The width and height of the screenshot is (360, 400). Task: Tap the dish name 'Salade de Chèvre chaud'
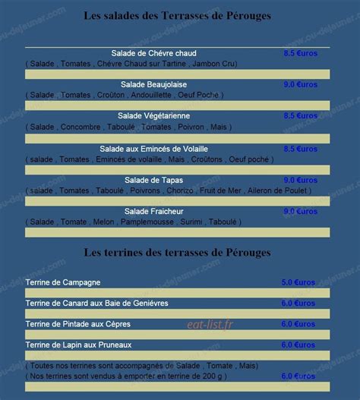coord(153,53)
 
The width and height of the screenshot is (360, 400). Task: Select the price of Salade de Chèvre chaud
coord(301,53)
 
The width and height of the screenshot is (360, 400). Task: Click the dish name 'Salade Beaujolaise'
coord(153,84)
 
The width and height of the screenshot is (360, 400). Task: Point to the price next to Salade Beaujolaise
coord(301,84)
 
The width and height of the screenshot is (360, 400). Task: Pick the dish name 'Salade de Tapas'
coord(153,180)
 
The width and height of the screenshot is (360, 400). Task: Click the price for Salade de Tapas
coord(301,180)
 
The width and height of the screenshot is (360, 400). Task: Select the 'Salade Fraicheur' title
coord(153,211)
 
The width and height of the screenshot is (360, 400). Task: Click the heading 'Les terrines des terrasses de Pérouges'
coord(177,251)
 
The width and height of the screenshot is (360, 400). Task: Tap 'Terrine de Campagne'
coord(63,282)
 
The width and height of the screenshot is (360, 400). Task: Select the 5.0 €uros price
coord(298,282)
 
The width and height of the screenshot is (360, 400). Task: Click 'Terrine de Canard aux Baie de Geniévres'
coord(96,303)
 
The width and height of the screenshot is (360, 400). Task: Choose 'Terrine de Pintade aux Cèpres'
coord(77,324)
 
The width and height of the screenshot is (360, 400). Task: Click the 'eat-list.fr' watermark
coord(210,324)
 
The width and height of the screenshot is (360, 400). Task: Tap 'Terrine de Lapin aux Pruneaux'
coord(78,345)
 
